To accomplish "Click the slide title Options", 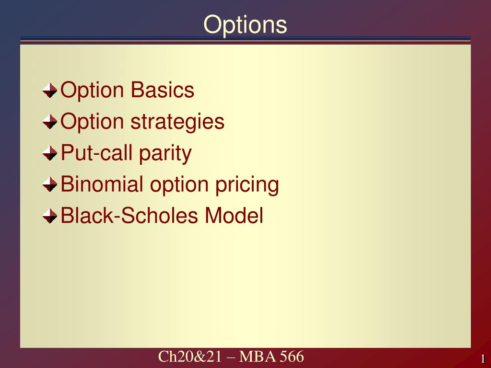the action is pyautogui.click(x=245, y=25).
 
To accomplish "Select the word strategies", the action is pyautogui.click(x=177, y=122).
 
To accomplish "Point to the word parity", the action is pyautogui.click(x=165, y=154).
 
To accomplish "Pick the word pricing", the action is pyautogui.click(x=247, y=185).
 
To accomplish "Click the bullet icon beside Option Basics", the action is pyautogui.click(x=50, y=91).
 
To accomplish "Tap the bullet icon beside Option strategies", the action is pyautogui.click(x=50, y=121).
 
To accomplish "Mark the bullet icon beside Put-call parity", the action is pyautogui.click(x=50, y=153).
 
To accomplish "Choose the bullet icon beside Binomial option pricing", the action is pyautogui.click(x=50, y=184).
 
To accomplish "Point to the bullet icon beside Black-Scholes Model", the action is pyautogui.click(x=50, y=216).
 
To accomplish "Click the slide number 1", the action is pyautogui.click(x=483, y=358).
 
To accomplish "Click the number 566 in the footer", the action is pyautogui.click(x=292, y=356).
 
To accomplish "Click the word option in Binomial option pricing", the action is pyautogui.click(x=179, y=185).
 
